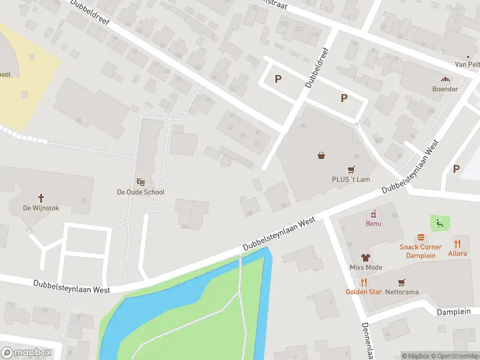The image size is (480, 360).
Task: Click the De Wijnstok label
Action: click(41, 208)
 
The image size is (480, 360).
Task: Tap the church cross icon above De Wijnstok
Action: click(41, 197)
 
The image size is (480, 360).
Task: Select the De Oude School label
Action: click(140, 192)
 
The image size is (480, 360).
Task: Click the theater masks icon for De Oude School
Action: click(141, 181)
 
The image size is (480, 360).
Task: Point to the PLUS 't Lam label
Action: click(352, 179)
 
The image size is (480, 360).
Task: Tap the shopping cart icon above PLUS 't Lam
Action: click(352, 169)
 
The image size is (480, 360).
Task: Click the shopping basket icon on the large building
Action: click(322, 155)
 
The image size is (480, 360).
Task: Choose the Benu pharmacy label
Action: click(374, 224)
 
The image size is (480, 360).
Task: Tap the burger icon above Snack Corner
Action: click(421, 238)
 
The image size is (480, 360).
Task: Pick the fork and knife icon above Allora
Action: click(457, 243)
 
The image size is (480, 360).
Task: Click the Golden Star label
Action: click(363, 292)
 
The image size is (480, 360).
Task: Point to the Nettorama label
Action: click(401, 292)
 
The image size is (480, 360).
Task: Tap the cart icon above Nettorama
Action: click(401, 281)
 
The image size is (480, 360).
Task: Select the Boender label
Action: click(445, 89)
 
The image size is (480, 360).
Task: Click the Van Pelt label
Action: click(467, 64)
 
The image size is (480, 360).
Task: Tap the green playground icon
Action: click(440, 224)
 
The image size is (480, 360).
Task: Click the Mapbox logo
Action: click(26, 352)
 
